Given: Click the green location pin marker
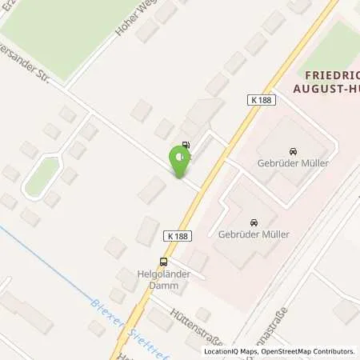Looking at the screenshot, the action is tap(180, 162).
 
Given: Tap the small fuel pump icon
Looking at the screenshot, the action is tap(186, 146).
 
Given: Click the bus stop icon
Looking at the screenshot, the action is tap(164, 262).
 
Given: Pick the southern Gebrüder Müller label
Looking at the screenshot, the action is tap(253, 235).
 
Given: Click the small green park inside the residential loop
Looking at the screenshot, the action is tap(41, 177).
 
